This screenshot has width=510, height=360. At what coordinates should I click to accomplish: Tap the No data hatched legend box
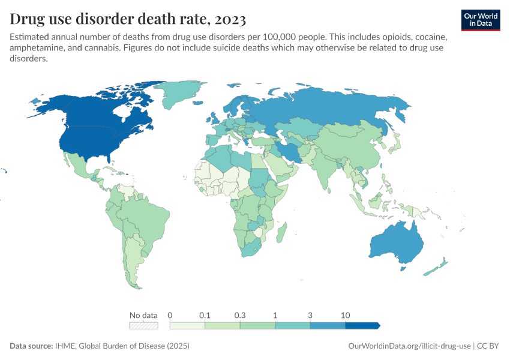pyautogui.click(x=143, y=325)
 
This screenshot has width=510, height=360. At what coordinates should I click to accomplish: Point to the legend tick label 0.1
pyautogui.click(x=205, y=315)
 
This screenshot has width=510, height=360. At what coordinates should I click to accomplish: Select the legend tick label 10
pyautogui.click(x=346, y=315)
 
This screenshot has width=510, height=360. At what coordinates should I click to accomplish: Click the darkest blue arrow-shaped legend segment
pyautogui.click(x=362, y=325)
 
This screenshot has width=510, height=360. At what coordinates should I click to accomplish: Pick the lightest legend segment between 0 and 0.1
pyautogui.click(x=187, y=325)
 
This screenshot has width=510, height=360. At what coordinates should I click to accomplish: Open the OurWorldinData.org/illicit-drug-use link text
pyautogui.click(x=409, y=346)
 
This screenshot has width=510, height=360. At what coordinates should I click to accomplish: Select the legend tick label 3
pyautogui.click(x=310, y=315)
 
